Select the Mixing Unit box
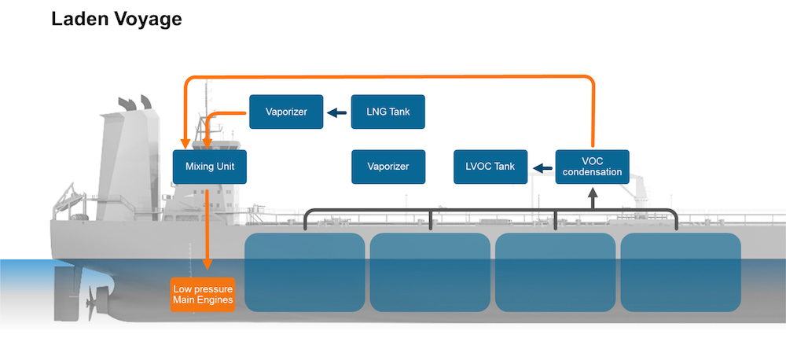point(210,167)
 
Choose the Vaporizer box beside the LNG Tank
point(286,112)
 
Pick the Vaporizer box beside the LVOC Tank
point(388,167)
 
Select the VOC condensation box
point(592,167)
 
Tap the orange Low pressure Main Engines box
point(203,294)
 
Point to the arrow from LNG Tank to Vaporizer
point(337,112)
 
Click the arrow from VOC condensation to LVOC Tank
point(542,167)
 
